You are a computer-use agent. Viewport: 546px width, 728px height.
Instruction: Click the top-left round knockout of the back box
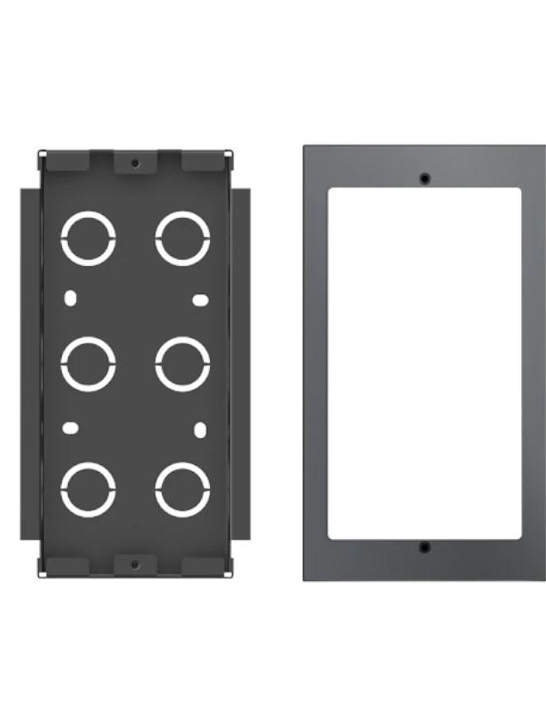tap(88, 238)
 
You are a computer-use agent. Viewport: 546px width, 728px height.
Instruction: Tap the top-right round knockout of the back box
tap(182, 238)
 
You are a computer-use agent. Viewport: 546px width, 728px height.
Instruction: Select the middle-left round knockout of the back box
tap(88, 364)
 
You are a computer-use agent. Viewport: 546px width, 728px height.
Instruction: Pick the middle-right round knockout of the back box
tap(182, 364)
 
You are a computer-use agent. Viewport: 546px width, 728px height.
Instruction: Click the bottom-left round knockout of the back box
tap(88, 489)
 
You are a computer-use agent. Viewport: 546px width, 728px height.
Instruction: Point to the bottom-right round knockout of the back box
tap(182, 489)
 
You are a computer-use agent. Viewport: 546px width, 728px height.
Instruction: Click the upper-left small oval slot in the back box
tap(70, 298)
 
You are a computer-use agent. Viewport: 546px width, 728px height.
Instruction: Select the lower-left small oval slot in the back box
tap(70, 428)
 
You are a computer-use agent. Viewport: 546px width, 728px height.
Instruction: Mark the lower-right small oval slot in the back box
tap(201, 430)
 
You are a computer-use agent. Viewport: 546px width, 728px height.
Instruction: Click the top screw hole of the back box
tap(135, 163)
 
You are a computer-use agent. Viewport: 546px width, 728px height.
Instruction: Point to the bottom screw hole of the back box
tap(135, 565)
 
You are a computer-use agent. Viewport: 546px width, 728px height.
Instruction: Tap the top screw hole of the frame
tap(425, 178)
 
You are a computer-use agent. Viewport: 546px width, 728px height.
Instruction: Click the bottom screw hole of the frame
tap(425, 548)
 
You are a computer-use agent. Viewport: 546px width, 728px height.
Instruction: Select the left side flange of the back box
tap(29, 364)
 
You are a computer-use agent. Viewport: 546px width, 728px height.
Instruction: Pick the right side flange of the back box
tap(242, 364)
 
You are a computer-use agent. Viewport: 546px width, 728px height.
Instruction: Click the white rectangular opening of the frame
tap(425, 364)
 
